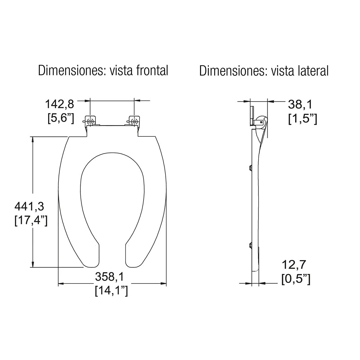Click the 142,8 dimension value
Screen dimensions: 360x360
pyautogui.click(x=59, y=104)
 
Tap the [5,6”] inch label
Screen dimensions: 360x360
pyautogui.click(x=61, y=118)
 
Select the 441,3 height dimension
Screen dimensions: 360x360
pyautogui.click(x=29, y=206)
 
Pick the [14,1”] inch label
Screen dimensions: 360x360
pyautogui.click(x=111, y=290)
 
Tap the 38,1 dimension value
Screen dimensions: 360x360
pyautogui.click(x=300, y=104)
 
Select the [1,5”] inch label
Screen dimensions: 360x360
pyautogui.click(x=302, y=118)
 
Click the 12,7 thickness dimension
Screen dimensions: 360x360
pyautogui.click(x=294, y=265)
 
